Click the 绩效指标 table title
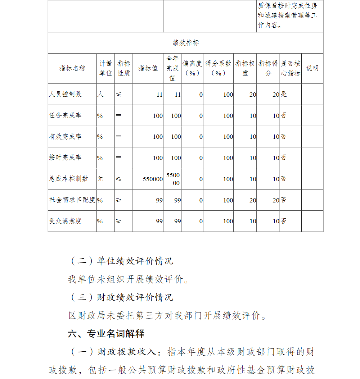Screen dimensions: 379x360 185,43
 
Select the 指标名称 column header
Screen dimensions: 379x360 72,68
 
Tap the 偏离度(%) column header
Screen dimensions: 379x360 192,68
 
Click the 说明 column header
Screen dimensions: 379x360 312,68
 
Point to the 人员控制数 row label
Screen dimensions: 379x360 65,94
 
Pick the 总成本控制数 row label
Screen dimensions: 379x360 68,179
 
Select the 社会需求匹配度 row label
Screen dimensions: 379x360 72,200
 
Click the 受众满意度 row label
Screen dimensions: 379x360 65,221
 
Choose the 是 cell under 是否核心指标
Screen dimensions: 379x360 284,94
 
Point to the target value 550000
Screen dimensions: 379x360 153,179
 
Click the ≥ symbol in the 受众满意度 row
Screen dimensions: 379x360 118,221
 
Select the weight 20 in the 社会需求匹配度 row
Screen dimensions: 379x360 253,200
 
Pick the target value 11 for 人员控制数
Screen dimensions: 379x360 159,95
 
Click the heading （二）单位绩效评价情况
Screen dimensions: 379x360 121,261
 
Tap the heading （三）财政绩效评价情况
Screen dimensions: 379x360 121,297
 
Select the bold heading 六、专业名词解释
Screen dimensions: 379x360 106,334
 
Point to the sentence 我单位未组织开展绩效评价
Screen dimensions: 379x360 128,279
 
